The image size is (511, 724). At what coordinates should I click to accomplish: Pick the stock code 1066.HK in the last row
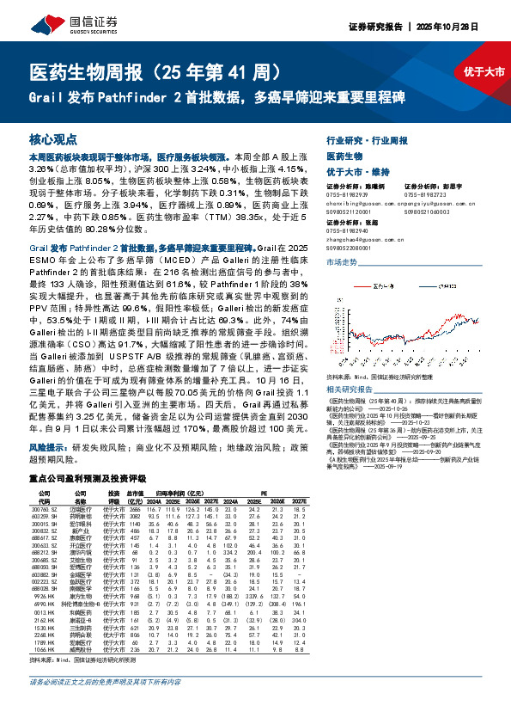[x=42, y=651]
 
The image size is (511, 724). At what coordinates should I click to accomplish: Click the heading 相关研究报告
[x=352, y=365]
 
